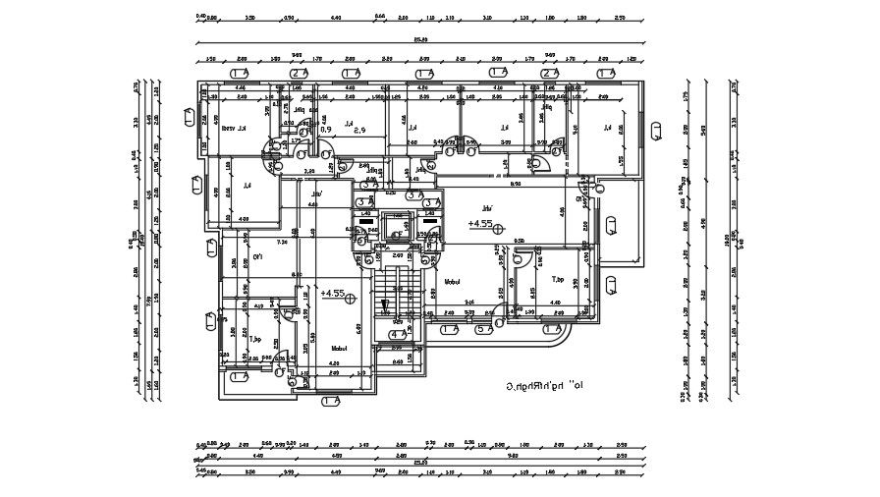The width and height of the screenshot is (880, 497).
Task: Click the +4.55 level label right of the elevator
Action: (480, 224)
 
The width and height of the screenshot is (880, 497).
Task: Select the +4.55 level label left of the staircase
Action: (332, 293)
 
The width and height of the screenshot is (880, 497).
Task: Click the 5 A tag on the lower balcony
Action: (482, 330)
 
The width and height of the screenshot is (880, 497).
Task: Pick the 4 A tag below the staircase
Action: (398, 334)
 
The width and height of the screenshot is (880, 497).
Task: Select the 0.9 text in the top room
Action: (327, 130)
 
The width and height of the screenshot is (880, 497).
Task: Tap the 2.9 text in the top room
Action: (358, 130)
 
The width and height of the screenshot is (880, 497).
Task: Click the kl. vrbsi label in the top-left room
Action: (233, 129)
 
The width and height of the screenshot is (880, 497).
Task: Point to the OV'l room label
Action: (257, 256)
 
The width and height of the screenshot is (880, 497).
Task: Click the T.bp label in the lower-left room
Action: (254, 340)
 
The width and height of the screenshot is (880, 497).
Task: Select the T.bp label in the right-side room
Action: (559, 278)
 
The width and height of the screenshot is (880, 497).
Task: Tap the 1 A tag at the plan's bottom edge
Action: (330, 401)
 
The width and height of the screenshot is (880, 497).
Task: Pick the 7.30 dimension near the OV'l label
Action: (282, 242)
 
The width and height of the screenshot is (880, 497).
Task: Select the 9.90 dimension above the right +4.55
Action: (515, 185)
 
